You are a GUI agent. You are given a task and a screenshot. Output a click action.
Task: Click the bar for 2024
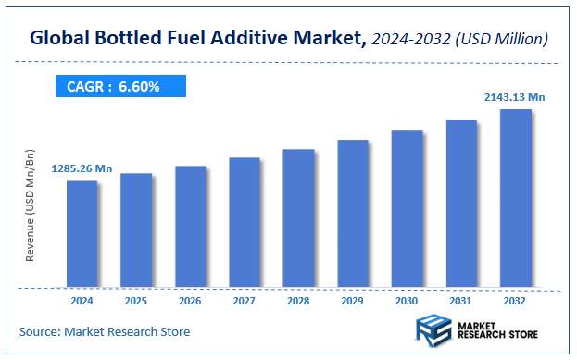click(82, 233)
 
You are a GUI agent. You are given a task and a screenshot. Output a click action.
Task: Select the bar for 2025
click(135, 230)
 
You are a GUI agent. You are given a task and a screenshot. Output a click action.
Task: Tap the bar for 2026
click(190, 226)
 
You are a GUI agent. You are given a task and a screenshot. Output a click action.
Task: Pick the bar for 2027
click(245, 222)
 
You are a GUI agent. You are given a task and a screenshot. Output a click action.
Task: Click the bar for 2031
click(461, 204)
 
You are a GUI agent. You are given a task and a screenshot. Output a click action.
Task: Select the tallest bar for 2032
click(516, 198)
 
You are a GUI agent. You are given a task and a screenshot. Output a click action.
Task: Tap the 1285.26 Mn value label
click(82, 168)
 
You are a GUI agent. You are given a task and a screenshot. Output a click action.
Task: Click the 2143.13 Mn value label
click(515, 96)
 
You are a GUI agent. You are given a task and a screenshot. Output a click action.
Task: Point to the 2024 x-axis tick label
click(82, 301)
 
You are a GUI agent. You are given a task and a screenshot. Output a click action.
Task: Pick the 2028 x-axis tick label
click(298, 301)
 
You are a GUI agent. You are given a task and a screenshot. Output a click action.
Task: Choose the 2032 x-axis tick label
click(516, 301)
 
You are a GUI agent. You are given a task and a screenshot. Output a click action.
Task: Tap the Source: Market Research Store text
click(105, 330)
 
